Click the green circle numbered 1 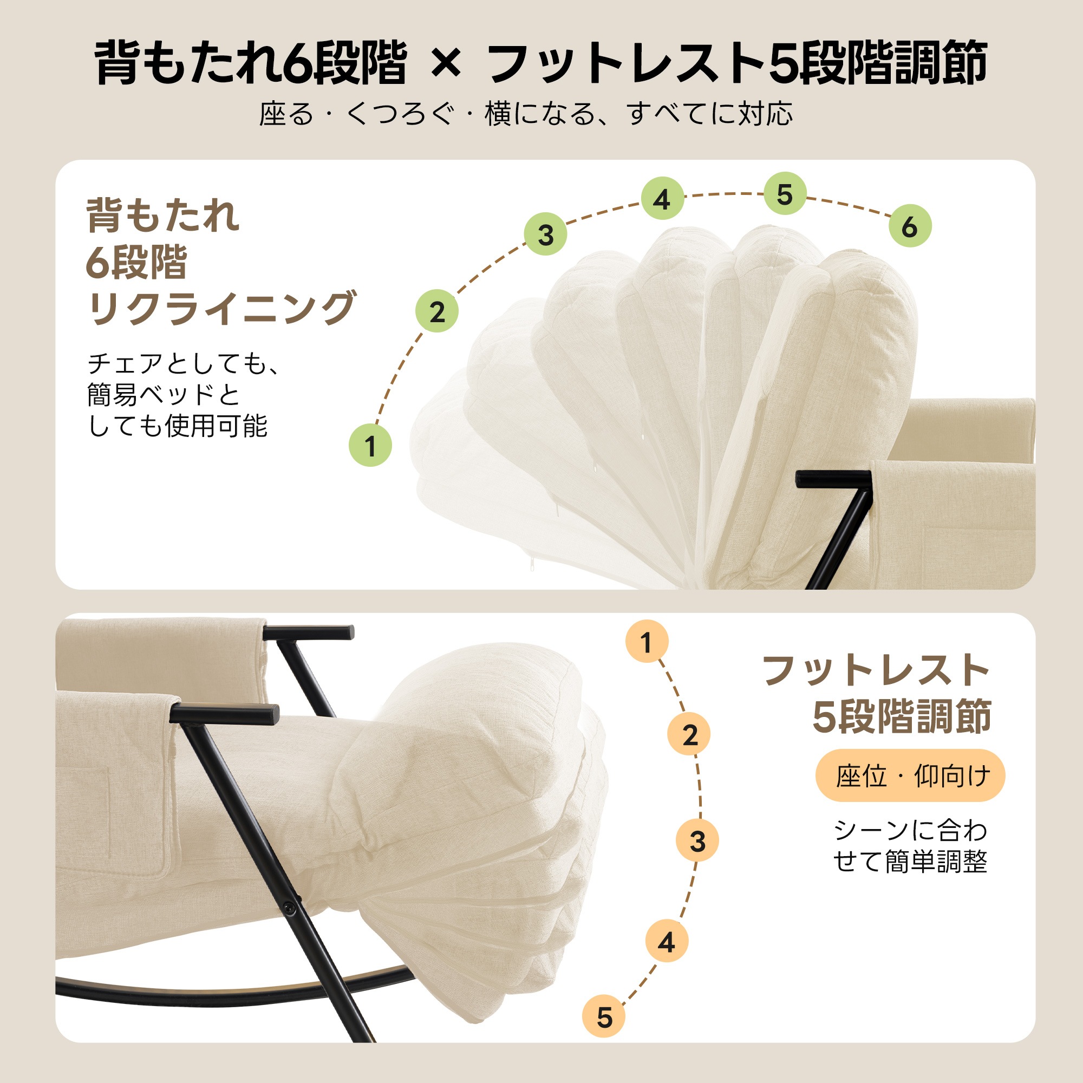point(370,446)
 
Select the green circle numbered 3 point(545,234)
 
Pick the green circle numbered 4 point(663,198)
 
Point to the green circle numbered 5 point(785,193)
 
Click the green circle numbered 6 point(910,226)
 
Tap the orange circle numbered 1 point(647,641)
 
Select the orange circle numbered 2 point(689,735)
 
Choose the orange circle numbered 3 point(697,841)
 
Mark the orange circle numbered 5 point(604,1017)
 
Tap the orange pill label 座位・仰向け point(910,776)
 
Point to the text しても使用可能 point(178,426)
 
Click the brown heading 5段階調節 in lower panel point(902,716)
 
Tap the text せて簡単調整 point(910,863)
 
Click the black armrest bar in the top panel point(834,479)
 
